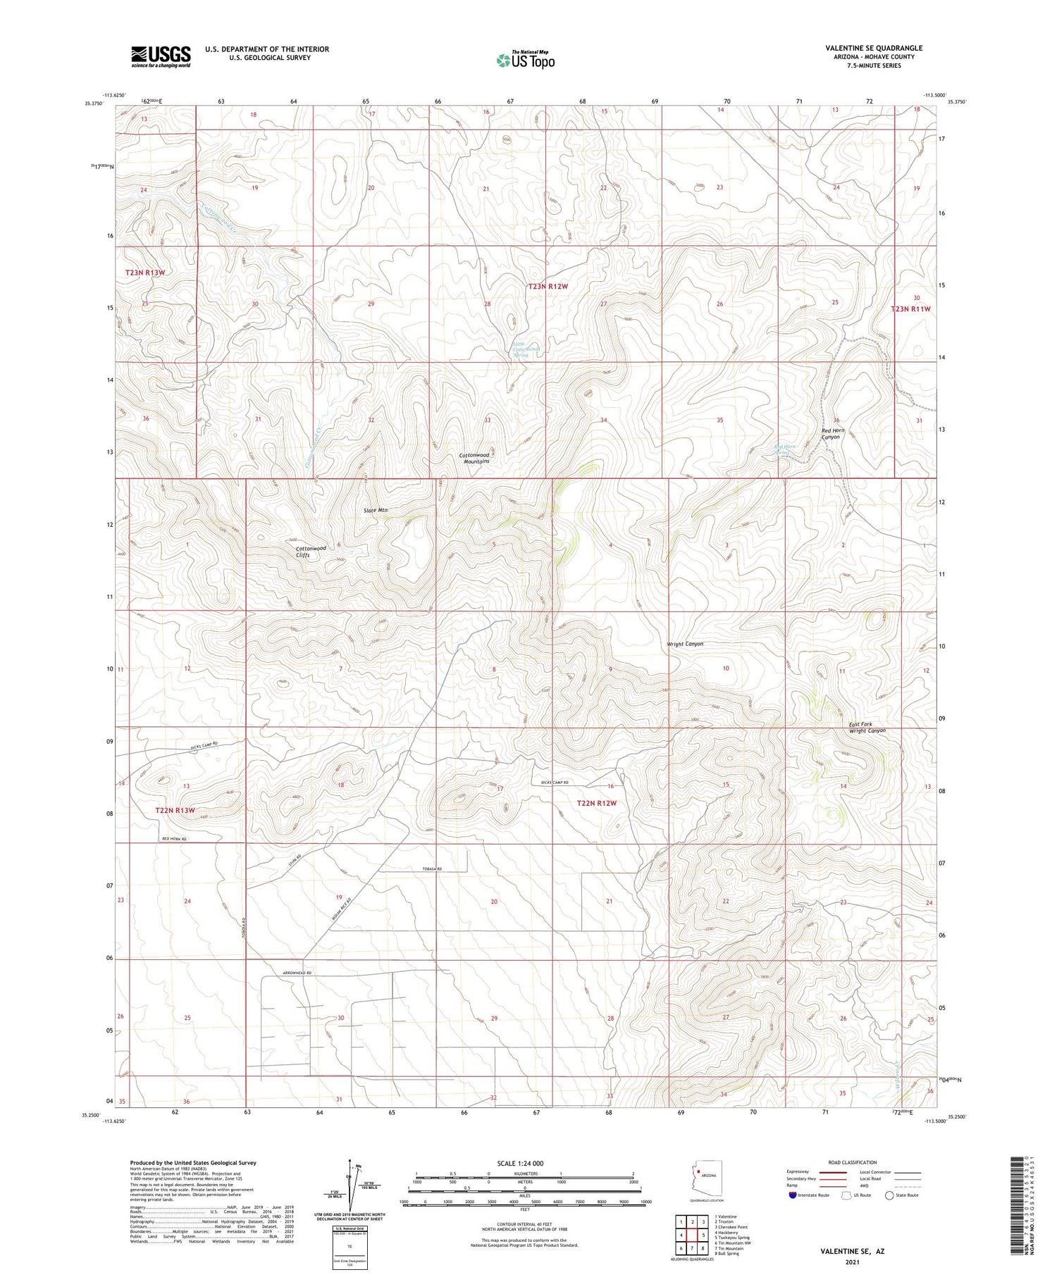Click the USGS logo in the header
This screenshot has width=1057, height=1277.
[161, 56]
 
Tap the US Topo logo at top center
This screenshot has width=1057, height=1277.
[526, 60]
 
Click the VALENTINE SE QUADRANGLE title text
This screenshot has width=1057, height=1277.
[873, 48]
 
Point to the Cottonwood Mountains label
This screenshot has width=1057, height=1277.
[474, 458]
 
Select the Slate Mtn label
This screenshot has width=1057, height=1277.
[375, 510]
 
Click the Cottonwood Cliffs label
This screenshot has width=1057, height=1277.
[311, 552]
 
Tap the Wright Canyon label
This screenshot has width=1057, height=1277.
[685, 644]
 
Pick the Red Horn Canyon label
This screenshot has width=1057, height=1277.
[831, 434]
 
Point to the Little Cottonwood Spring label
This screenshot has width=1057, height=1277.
[526, 349]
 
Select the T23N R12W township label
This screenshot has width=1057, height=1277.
[548, 287]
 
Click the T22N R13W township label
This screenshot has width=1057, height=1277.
[175, 811]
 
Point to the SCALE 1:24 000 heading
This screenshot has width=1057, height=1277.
[524, 1164]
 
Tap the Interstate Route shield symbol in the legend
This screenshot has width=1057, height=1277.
[793, 1195]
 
